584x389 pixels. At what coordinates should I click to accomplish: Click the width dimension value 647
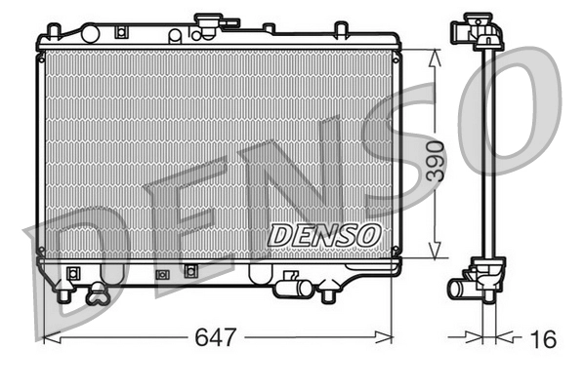click(216, 338)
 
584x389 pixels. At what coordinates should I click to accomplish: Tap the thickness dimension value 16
click(543, 338)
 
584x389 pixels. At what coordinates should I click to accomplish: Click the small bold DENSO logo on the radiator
click(324, 235)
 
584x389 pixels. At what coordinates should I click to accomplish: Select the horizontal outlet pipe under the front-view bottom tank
click(290, 288)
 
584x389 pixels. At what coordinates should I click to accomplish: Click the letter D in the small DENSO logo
click(277, 235)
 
